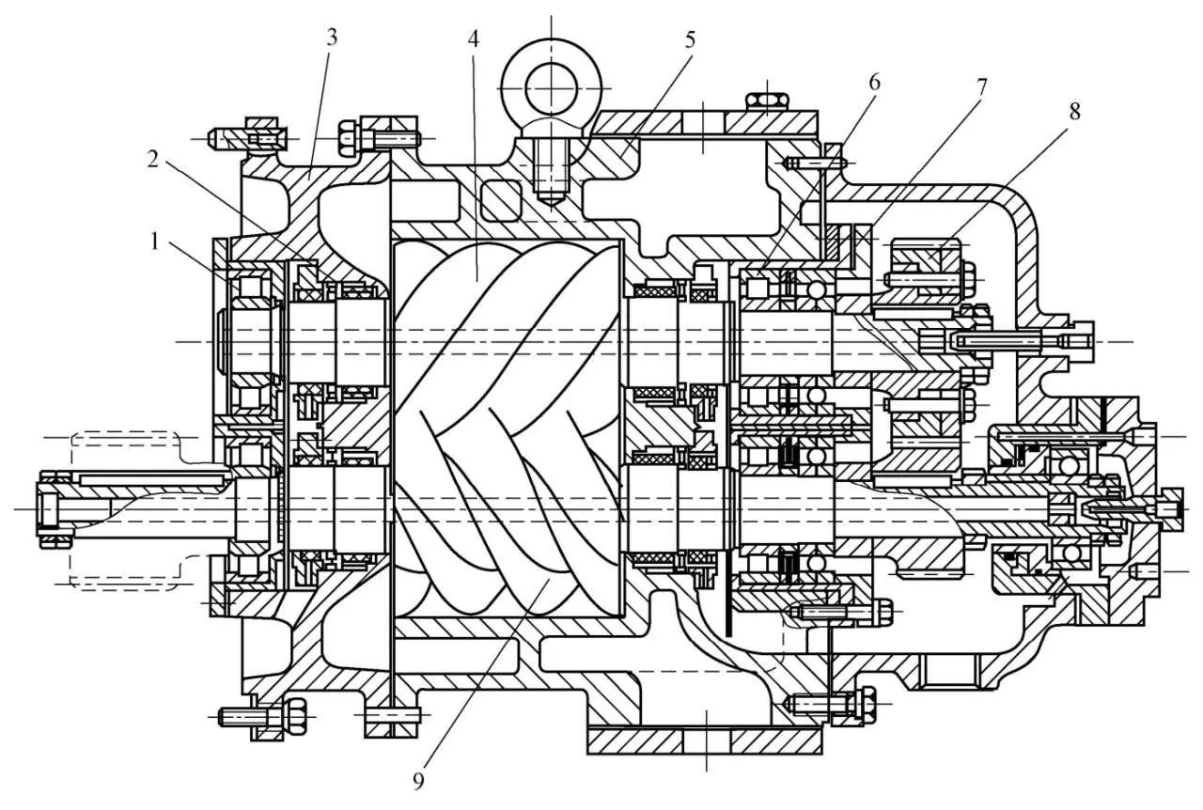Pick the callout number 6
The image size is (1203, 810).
click(874, 82)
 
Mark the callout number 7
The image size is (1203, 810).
click(982, 86)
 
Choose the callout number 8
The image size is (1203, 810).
click(1074, 111)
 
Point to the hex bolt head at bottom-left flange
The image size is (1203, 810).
click(292, 716)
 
